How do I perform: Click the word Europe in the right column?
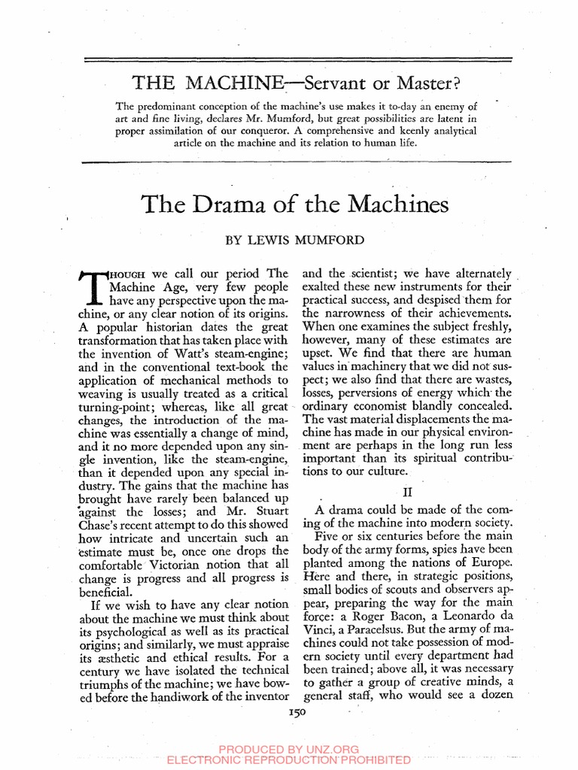click(490, 562)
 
